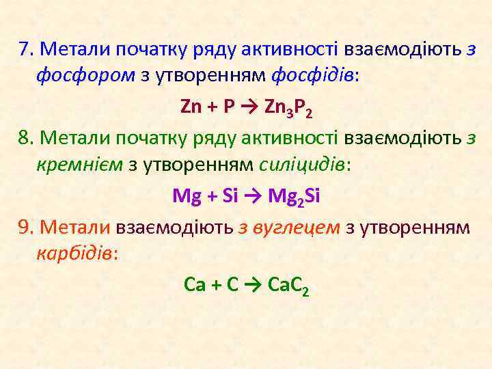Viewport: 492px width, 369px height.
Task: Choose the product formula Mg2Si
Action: click(x=295, y=197)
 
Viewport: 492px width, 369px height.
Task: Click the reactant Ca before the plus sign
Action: click(x=195, y=284)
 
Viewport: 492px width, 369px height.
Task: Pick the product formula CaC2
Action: click(x=289, y=286)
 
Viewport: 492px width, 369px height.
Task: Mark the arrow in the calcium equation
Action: click(x=254, y=285)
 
